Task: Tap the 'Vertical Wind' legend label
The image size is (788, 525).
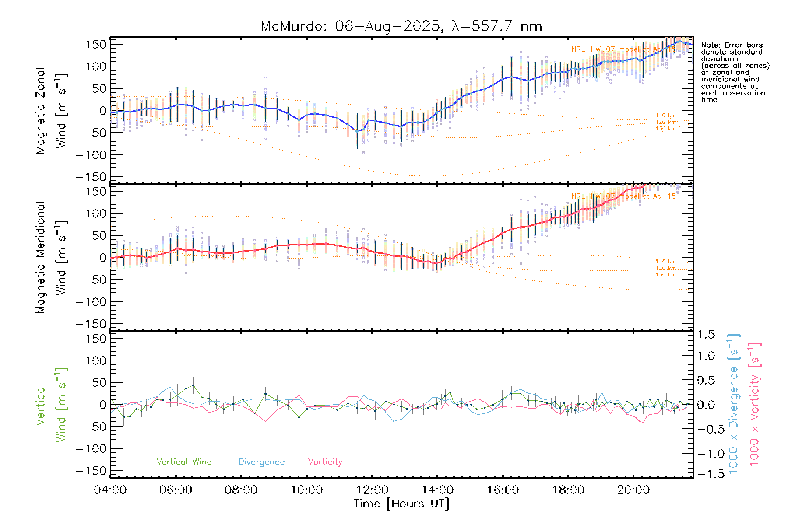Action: point(184,462)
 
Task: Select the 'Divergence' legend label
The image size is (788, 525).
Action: point(261,462)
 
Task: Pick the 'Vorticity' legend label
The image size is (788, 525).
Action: point(325,462)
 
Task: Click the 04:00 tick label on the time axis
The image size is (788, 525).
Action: point(110,490)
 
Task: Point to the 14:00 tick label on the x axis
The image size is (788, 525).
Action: point(437,490)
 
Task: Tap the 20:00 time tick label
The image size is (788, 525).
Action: point(633,490)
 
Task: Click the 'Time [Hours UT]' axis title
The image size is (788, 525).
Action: point(401,504)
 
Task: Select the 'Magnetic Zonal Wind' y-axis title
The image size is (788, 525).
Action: point(51,110)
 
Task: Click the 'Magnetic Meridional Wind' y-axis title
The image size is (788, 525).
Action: point(51,257)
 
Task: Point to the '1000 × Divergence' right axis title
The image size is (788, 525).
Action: point(733,403)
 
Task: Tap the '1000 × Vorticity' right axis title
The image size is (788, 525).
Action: point(754,403)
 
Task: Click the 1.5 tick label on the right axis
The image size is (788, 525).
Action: point(706,335)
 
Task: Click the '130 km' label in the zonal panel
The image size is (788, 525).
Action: point(665,129)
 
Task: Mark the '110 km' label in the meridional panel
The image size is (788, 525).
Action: point(665,262)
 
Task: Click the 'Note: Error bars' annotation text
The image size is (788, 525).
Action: point(732,45)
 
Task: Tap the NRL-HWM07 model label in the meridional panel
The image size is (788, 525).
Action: point(623,196)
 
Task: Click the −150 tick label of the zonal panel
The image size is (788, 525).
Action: point(91,177)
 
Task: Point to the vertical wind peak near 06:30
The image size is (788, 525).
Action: point(193,385)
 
